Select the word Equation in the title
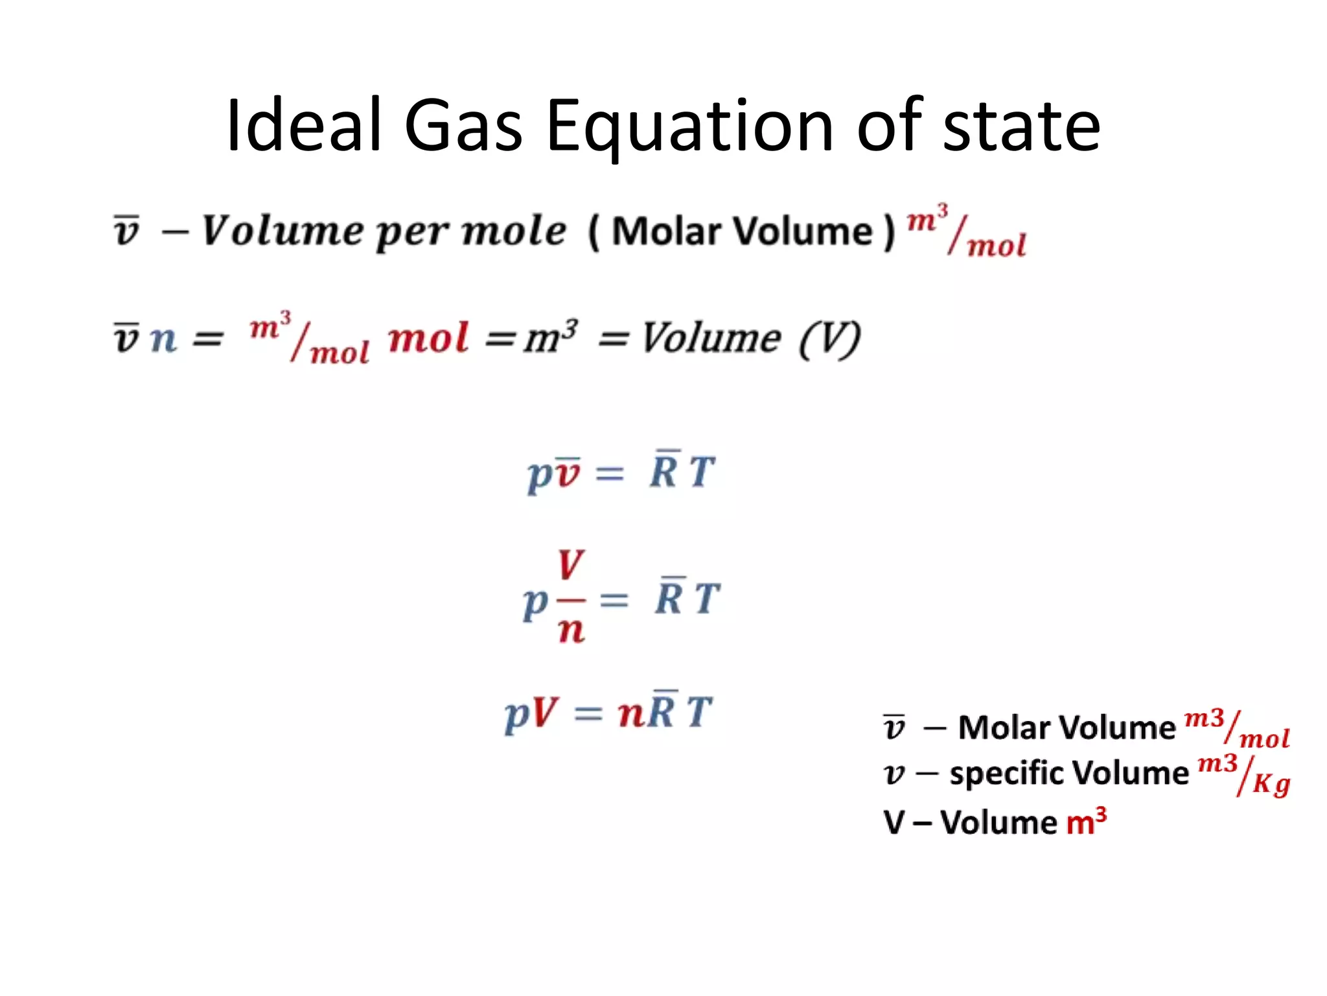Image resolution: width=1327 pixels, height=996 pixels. [689, 126]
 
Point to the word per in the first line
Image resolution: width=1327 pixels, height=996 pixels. [412, 232]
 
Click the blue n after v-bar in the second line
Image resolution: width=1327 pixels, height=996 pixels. [163, 338]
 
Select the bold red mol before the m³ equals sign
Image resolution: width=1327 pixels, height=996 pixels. [428, 338]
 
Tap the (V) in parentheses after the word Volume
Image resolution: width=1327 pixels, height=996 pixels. [829, 338]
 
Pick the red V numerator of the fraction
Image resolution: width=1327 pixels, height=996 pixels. [570, 565]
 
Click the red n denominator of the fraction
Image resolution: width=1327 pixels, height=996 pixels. [571, 630]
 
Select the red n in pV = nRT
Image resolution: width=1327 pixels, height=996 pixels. [630, 713]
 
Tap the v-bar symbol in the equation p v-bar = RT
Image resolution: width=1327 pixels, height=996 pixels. [568, 473]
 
